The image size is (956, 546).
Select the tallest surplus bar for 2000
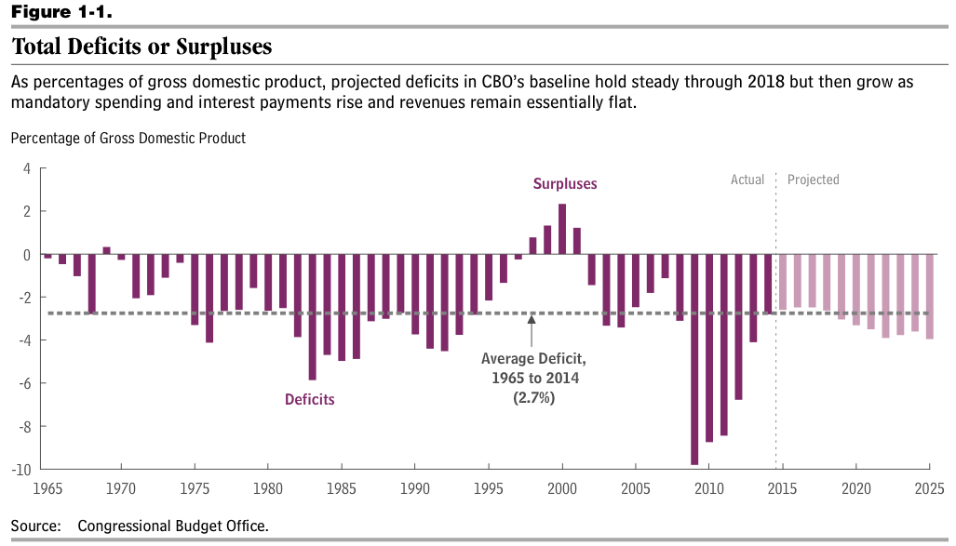click(x=562, y=229)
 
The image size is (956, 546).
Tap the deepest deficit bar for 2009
click(x=694, y=359)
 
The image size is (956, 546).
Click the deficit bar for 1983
click(x=313, y=317)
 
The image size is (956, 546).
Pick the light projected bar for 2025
click(x=930, y=297)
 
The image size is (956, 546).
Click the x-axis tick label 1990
click(x=414, y=488)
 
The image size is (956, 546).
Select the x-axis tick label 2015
click(x=782, y=488)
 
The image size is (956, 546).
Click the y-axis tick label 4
click(x=27, y=168)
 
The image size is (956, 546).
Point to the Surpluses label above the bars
click(x=565, y=184)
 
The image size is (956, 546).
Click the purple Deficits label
click(x=309, y=400)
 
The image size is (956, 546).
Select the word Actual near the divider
click(x=747, y=180)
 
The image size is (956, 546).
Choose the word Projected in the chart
click(x=814, y=180)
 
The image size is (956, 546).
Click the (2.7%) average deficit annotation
click(x=532, y=397)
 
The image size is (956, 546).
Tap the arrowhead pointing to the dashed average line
click(x=532, y=319)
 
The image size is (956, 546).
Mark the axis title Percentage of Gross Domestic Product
click(x=128, y=138)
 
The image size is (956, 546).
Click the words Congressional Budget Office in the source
click(x=173, y=526)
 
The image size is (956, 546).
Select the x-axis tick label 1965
click(x=47, y=488)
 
